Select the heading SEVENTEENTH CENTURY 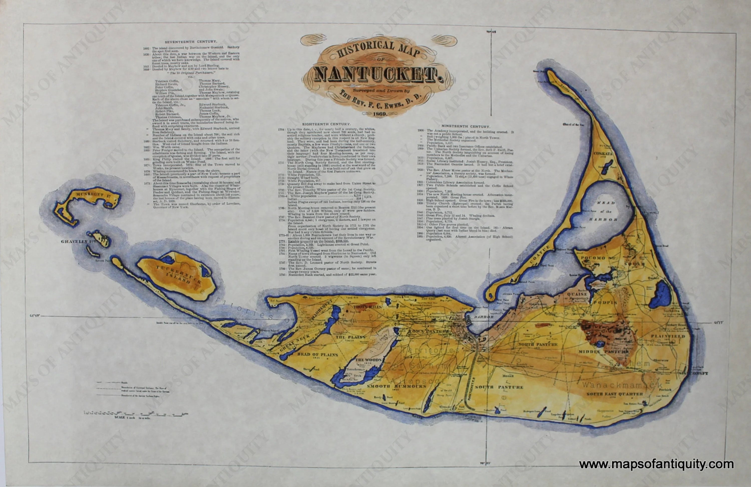coord(191,41)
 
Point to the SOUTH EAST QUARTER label coord(614,394)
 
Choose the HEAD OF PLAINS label coord(317,354)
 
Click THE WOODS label coord(368,360)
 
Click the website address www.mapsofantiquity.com coord(656,464)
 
